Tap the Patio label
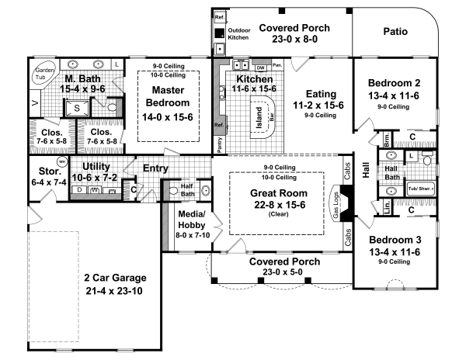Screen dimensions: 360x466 click(402, 32)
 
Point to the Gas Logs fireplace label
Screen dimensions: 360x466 click(336, 205)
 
